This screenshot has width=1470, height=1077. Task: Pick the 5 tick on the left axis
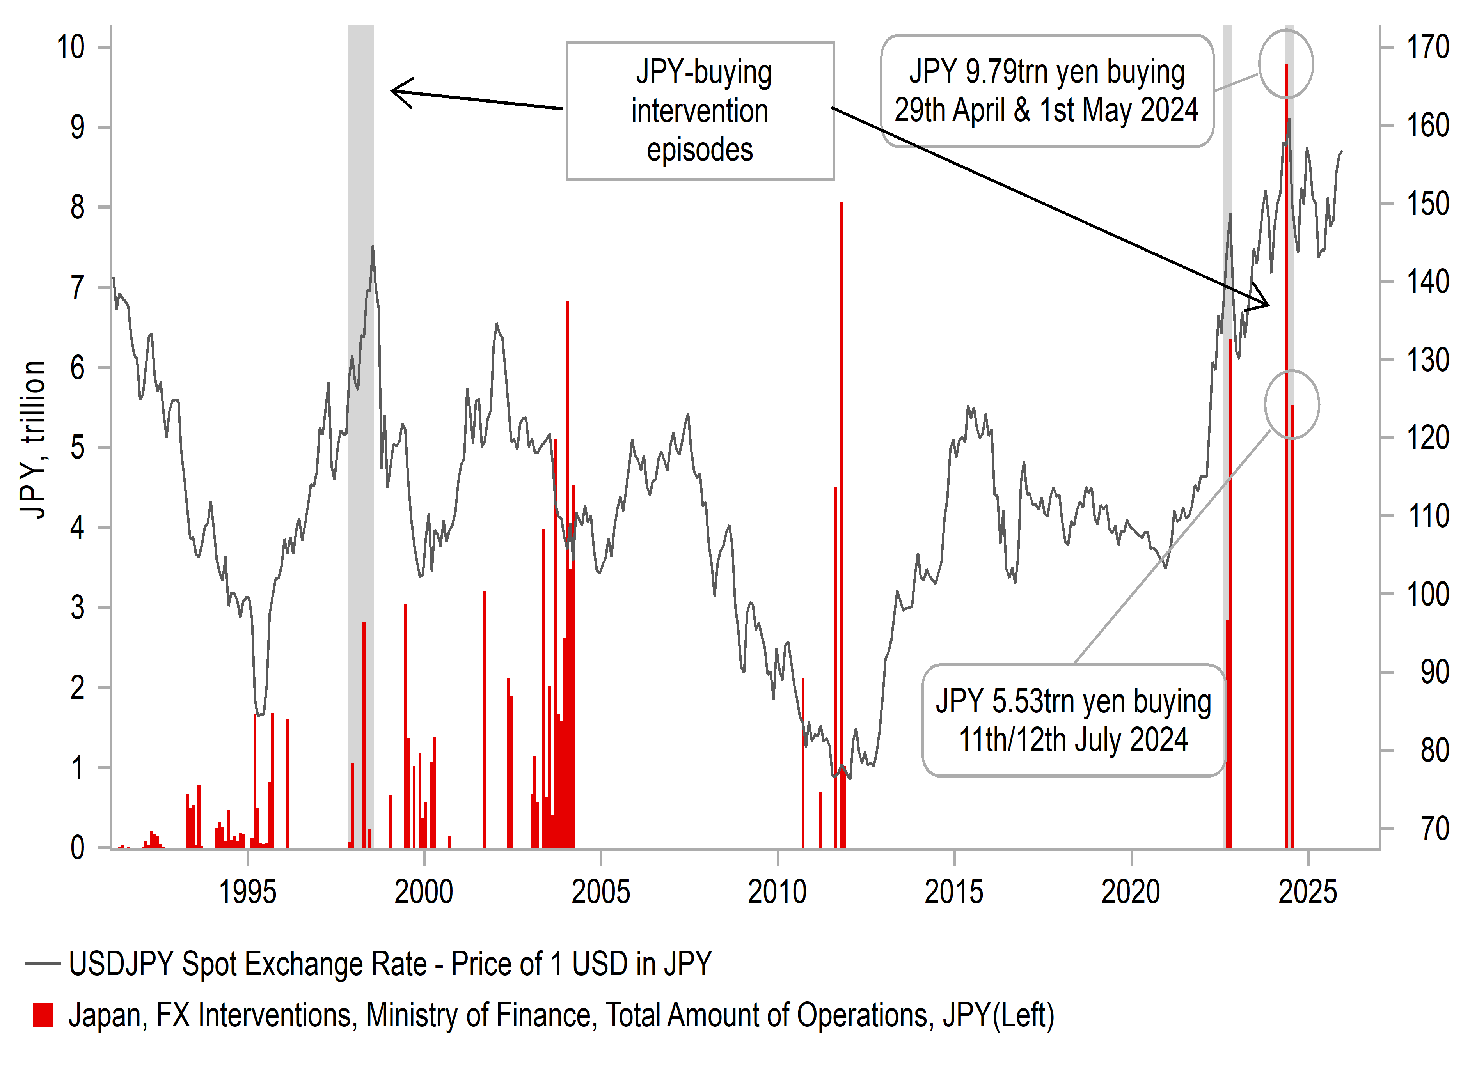(77, 448)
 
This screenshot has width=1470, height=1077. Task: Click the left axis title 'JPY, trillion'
(33, 440)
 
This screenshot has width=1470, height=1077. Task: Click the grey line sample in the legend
(43, 964)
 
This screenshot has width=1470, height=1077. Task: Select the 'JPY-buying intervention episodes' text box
(700, 111)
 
